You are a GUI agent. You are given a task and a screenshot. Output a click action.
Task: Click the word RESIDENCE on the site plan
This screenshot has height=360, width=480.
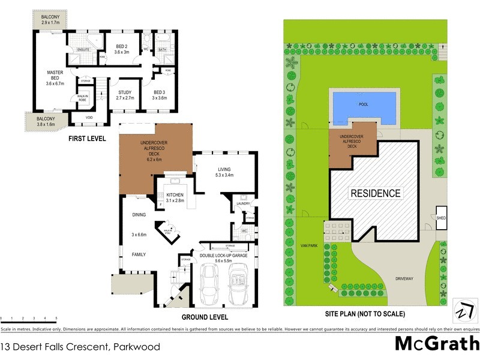[375, 193]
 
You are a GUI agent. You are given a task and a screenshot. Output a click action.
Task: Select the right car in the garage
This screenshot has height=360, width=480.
[239, 285]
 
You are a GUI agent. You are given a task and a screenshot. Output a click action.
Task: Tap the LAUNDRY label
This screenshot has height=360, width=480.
[242, 204]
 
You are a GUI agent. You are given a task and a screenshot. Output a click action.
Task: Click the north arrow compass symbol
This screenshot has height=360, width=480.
[463, 311]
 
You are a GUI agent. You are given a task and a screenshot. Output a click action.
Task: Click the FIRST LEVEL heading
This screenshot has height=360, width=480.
[88, 138]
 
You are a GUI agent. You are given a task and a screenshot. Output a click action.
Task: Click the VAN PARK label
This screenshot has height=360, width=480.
[310, 245]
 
